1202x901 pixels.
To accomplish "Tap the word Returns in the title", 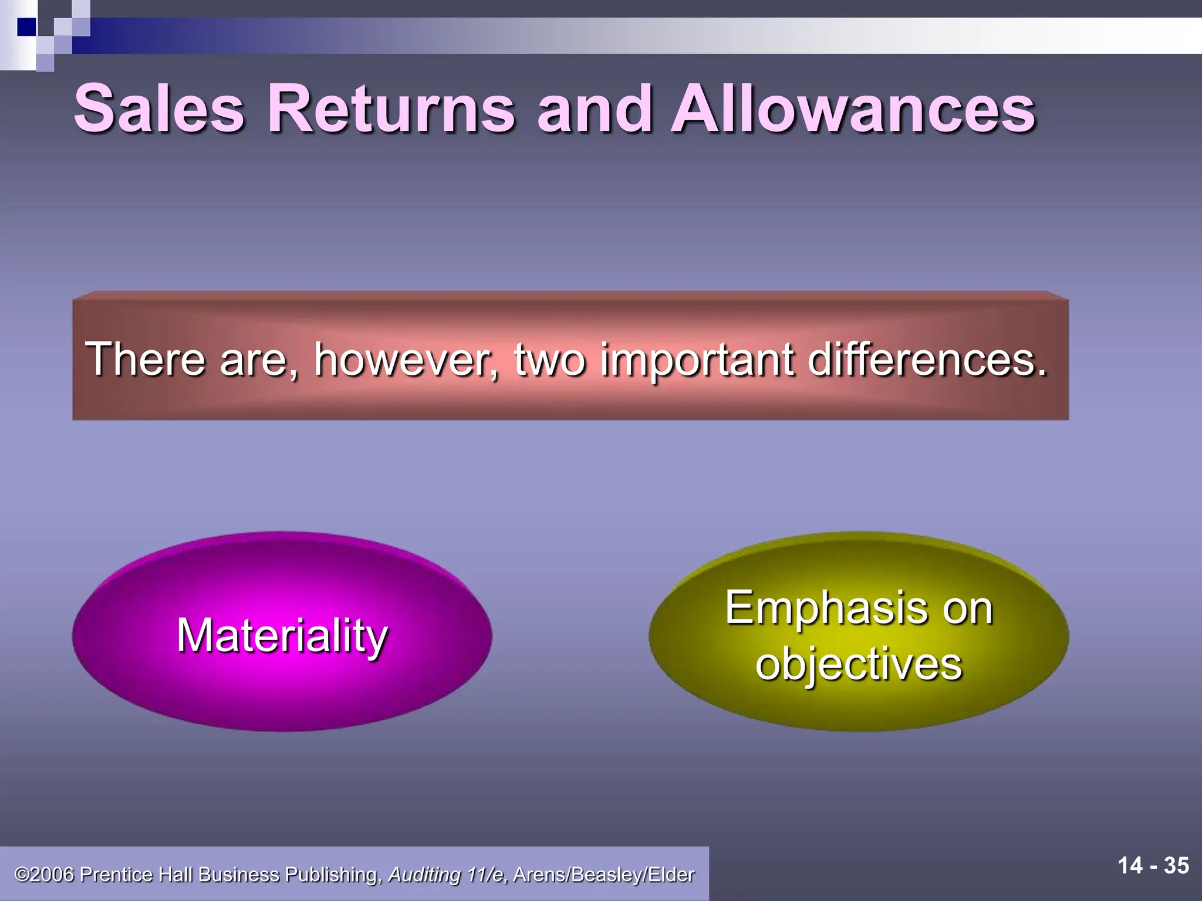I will [391, 109].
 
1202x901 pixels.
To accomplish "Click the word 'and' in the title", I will [594, 109].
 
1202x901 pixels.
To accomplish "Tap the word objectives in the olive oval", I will [858, 664].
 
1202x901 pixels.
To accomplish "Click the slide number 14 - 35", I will [1153, 865].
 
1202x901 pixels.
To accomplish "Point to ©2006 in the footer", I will [45, 875].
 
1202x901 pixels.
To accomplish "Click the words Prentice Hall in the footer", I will [136, 875].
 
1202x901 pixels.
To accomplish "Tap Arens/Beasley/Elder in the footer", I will [603, 875].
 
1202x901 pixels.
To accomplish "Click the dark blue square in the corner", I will [26, 27].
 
